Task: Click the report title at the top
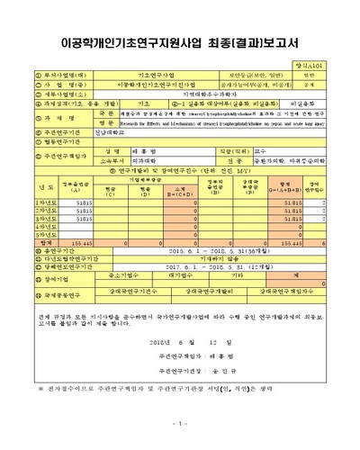(180, 41)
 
